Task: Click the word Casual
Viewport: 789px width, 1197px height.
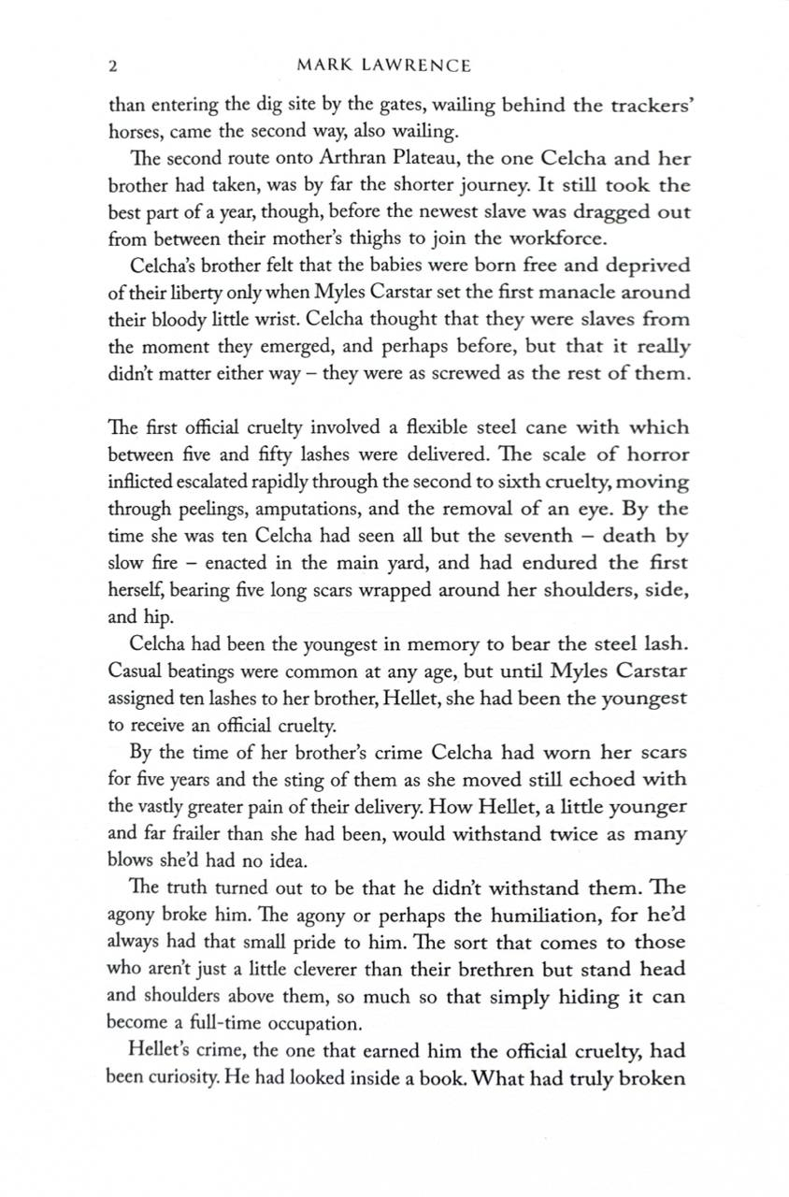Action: tap(138, 671)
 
